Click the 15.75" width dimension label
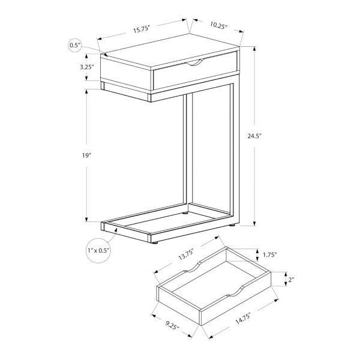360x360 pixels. pos(142,29)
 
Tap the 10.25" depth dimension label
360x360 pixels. pos(218,25)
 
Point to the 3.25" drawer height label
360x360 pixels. pos(87,67)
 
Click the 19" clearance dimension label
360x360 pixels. pos(87,155)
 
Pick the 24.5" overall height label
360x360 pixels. pos(254,136)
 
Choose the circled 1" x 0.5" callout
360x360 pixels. pos(98,250)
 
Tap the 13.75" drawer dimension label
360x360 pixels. pos(186,254)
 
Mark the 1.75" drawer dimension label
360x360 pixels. pos(270,254)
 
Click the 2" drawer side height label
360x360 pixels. pos(292,280)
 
